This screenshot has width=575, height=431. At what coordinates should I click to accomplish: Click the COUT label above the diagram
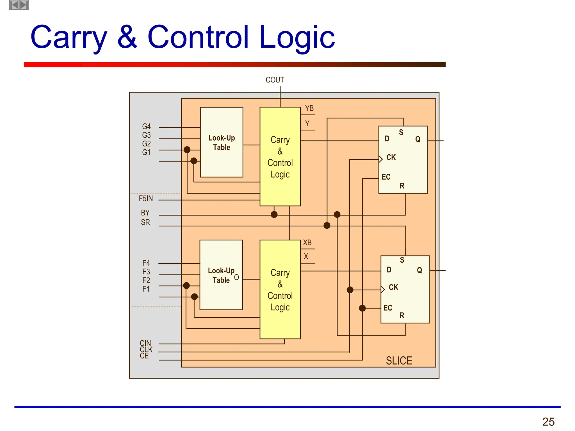click(275, 80)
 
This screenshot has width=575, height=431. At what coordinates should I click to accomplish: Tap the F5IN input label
click(146, 199)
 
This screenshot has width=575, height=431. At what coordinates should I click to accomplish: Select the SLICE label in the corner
click(399, 361)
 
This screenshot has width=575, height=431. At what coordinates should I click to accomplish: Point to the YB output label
click(309, 108)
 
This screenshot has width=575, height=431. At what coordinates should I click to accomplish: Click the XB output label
click(307, 242)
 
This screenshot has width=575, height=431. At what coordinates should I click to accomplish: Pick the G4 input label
click(146, 127)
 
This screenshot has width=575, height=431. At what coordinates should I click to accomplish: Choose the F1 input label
click(146, 289)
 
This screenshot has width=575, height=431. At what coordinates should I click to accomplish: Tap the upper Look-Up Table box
click(222, 142)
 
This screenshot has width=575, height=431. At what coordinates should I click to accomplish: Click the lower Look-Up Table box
click(221, 275)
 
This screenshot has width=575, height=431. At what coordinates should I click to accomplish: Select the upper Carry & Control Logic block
click(280, 157)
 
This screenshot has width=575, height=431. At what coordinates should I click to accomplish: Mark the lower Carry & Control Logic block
click(280, 290)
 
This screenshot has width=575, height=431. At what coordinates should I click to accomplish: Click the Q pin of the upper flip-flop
click(418, 139)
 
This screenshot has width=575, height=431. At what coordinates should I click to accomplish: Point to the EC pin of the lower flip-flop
click(388, 308)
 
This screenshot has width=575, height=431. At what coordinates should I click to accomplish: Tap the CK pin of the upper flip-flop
click(391, 157)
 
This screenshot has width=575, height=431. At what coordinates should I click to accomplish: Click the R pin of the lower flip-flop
click(402, 315)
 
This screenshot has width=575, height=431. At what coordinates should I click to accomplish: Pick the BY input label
click(145, 213)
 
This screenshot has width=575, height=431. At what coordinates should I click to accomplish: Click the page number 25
click(548, 422)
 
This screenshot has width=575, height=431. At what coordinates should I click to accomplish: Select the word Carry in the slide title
click(69, 37)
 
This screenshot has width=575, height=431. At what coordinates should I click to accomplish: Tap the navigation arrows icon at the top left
click(19, 5)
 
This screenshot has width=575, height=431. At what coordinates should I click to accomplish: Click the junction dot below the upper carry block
click(274, 215)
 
